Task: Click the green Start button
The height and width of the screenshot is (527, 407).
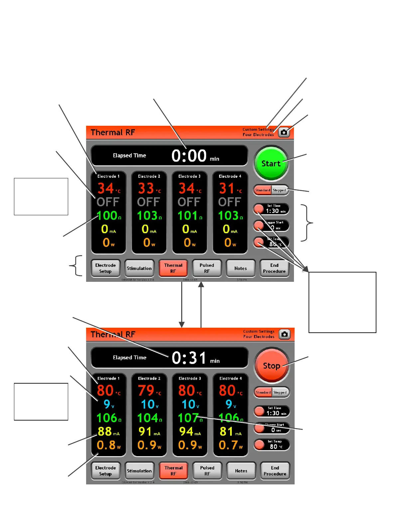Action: (271, 163)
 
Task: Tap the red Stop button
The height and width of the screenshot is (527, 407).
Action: (271, 366)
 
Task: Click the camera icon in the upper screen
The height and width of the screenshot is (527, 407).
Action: (284, 132)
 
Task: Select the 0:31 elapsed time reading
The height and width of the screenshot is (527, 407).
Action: (189, 358)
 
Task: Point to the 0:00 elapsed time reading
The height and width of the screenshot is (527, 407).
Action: (189, 156)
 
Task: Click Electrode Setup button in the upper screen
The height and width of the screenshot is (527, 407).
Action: (105, 268)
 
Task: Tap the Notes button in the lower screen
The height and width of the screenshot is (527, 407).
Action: (241, 471)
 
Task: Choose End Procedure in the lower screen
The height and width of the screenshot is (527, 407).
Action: (275, 471)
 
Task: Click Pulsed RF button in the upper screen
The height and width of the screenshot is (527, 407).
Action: (207, 268)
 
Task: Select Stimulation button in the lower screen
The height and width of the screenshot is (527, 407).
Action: (139, 471)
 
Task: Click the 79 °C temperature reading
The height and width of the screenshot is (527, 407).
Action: (147, 390)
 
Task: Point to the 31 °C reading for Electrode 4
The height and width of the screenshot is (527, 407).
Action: (227, 189)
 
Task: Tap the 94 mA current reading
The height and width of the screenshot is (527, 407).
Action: (187, 432)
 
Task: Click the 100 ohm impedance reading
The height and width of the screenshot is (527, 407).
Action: (107, 216)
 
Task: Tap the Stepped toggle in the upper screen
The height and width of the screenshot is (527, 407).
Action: (279, 190)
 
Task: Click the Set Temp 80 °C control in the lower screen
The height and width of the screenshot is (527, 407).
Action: (272, 444)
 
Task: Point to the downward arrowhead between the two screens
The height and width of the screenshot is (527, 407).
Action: (182, 325)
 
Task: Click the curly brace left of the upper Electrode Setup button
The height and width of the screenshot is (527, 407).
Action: (77, 265)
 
